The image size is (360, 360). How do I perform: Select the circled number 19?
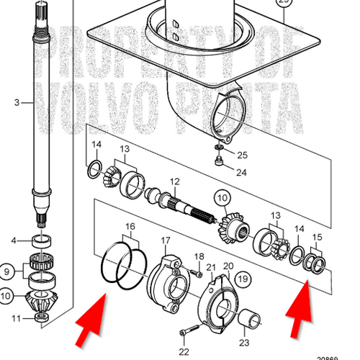(242, 277)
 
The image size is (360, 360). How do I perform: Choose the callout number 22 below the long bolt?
(184, 351)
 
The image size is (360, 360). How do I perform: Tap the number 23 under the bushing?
(243, 343)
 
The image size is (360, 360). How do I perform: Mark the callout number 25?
(242, 156)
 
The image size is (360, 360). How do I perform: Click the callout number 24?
(242, 171)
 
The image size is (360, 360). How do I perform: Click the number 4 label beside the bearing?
(12, 240)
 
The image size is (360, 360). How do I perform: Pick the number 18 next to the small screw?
(199, 256)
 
